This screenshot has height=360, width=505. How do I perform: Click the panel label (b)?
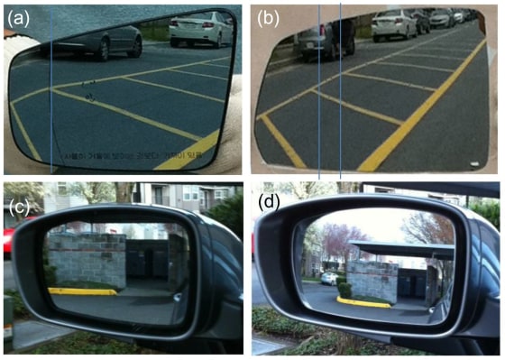point(272,16)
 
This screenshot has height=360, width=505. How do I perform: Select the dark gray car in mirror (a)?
point(113,40)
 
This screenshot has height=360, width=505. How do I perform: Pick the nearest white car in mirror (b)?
point(394,25)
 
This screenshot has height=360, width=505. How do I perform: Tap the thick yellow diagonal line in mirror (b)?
point(424,108)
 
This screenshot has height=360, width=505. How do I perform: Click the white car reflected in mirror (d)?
point(331,278)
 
